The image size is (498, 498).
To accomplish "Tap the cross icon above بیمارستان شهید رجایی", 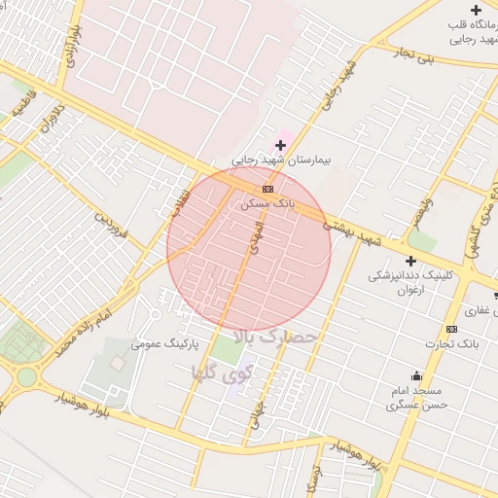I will (281, 145).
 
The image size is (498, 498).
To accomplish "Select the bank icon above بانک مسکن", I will (267, 189).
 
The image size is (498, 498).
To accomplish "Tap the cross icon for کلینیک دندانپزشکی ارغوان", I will (410, 261).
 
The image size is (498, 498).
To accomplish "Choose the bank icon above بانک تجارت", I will (451, 329).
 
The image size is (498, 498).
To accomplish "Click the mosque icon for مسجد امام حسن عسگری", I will (417, 376).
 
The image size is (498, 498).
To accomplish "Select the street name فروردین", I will (111, 225).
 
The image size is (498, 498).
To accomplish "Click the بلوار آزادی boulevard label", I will (70, 41).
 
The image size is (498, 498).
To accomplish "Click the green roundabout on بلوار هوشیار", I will (26, 376).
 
